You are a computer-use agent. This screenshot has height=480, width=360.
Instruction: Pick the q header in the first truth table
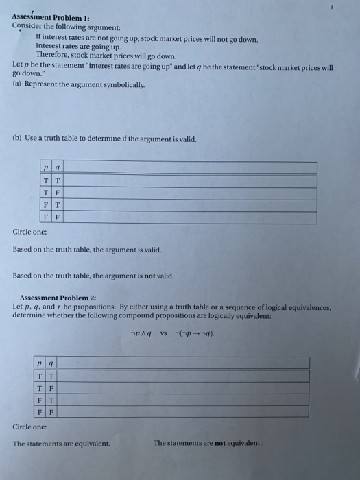pyautogui.click(x=57, y=168)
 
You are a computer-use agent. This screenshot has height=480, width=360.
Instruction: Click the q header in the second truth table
pyautogui.click(x=52, y=363)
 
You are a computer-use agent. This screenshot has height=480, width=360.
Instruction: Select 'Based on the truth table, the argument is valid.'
pyautogui.click(x=87, y=250)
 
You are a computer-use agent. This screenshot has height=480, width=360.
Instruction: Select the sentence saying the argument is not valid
pyautogui.click(x=93, y=276)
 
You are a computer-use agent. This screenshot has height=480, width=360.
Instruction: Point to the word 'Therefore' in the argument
pyautogui.click(x=53, y=55)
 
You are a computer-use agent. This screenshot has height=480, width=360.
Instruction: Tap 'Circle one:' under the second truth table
pyautogui.click(x=29, y=426)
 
